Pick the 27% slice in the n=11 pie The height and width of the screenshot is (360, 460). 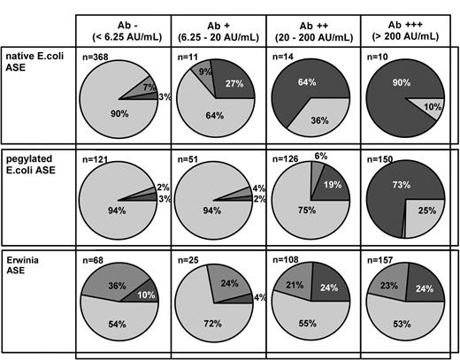click(233, 87)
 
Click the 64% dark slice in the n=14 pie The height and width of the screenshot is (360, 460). click(305, 84)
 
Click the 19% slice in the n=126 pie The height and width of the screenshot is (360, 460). click(333, 186)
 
